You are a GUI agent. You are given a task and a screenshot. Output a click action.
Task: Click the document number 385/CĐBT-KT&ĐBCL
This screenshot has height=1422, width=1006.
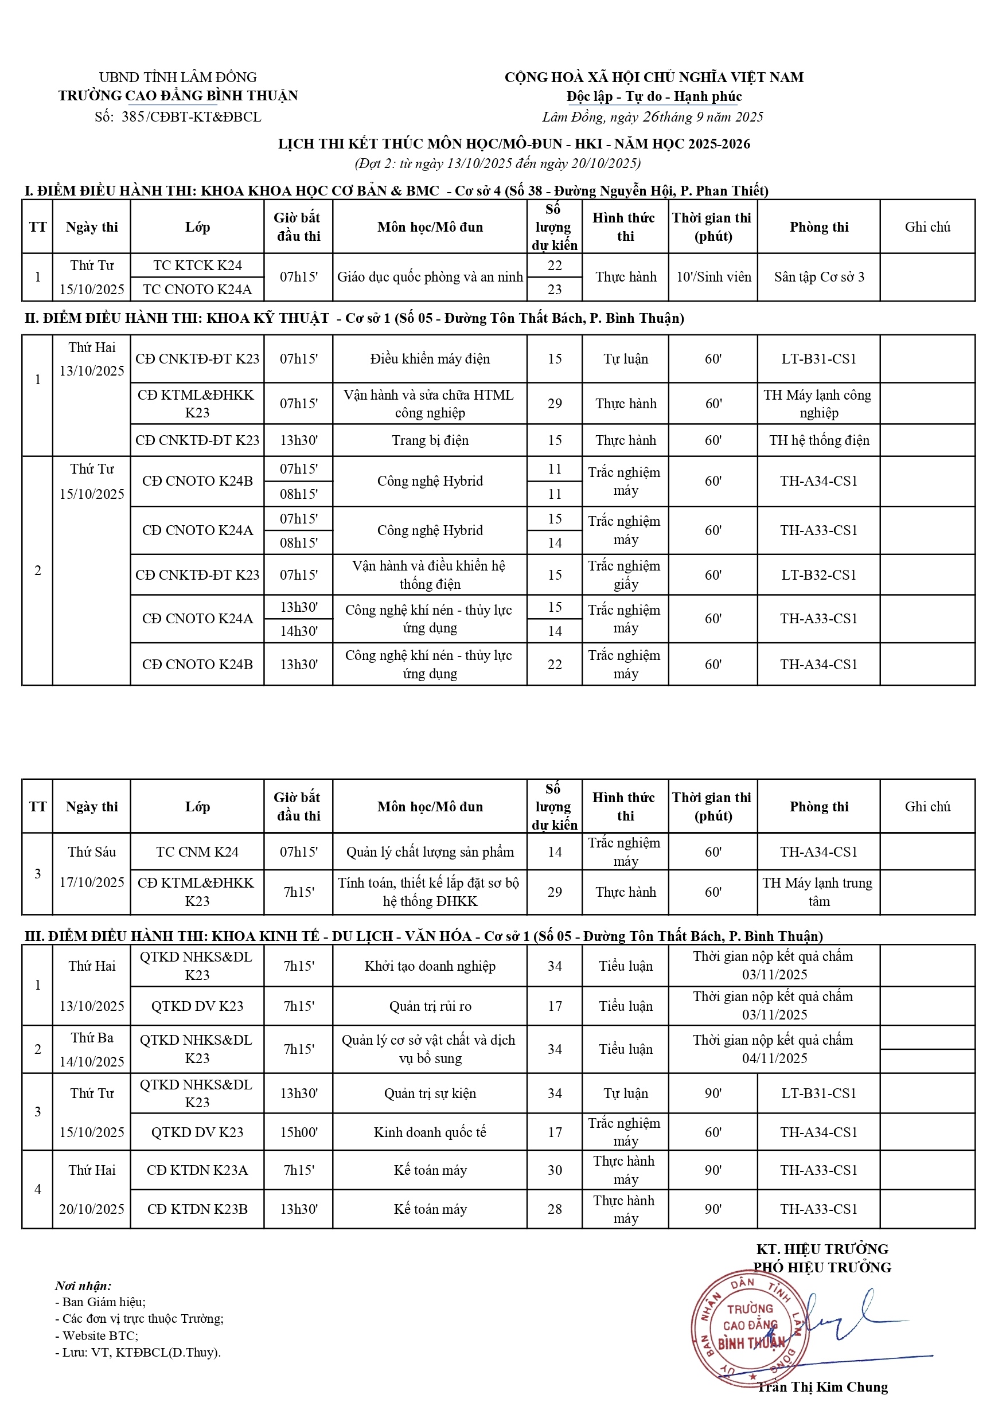(191, 117)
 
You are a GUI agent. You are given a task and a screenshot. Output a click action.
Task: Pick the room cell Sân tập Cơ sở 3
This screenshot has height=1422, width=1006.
(818, 277)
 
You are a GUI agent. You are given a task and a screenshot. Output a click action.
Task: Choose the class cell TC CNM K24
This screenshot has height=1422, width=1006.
(197, 851)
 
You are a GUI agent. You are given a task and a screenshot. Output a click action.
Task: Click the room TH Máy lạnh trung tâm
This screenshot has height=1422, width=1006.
(818, 892)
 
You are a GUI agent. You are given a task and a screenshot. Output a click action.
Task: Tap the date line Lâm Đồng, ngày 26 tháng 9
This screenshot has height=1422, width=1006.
(652, 117)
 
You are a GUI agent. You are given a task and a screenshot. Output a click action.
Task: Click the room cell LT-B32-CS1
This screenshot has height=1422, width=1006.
(818, 575)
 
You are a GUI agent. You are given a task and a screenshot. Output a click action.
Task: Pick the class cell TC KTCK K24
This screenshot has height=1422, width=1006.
(197, 265)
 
